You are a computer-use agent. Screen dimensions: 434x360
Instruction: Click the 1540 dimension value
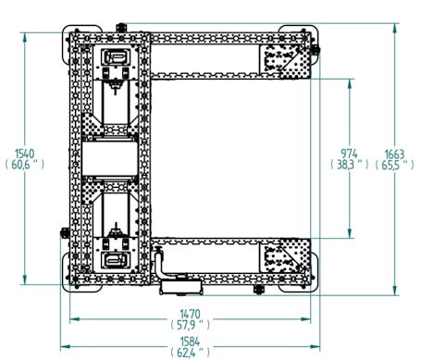pyautogui.click(x=25, y=154)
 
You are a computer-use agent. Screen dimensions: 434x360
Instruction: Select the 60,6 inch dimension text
pyautogui.click(x=25, y=165)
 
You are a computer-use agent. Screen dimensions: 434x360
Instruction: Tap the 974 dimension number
pyautogui.click(x=349, y=154)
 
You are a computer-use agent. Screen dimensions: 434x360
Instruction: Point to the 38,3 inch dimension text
pyautogui.click(x=349, y=165)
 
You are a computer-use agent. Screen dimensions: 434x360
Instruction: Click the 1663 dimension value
pyautogui.click(x=394, y=154)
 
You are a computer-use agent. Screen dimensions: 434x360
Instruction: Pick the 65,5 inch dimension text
pyautogui.click(x=394, y=165)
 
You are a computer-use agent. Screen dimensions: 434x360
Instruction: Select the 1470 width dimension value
pyautogui.click(x=190, y=315)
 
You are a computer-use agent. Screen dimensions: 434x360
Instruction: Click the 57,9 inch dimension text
pyautogui.click(x=190, y=325)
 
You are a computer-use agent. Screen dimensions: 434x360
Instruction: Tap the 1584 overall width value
pyautogui.click(x=190, y=341)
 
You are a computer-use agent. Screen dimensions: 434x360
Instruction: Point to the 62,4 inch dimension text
pyautogui.click(x=190, y=352)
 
